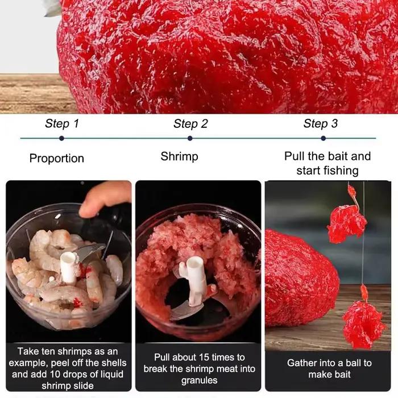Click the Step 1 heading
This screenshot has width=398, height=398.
62,123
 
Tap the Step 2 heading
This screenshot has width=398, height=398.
190,124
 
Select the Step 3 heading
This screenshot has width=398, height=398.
321,123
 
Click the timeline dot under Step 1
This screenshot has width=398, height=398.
61,138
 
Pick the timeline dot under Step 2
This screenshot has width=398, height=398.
190,138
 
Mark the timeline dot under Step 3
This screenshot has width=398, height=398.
323,138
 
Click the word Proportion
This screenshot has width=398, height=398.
57,159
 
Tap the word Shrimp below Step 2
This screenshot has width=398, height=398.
180,156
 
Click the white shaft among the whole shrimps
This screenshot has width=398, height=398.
69,268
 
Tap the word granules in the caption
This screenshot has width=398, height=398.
199,380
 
